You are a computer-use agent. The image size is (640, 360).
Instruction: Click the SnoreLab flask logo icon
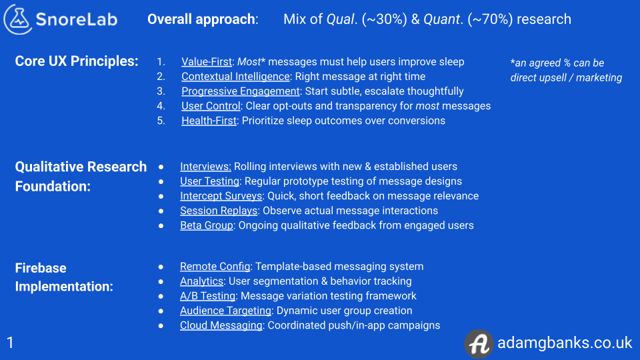[x=19, y=19]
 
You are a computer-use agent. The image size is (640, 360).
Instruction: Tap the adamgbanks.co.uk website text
[x=565, y=343]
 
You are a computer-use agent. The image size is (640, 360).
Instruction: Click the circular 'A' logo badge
[x=479, y=343]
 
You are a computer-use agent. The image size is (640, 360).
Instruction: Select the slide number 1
[x=10, y=343]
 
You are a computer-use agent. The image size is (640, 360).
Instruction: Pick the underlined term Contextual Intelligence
[x=235, y=77]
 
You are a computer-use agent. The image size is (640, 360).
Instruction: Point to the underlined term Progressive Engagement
[x=241, y=91]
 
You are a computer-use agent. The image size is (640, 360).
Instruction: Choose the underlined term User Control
[x=211, y=106]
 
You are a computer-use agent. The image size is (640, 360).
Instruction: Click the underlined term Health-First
[x=209, y=121]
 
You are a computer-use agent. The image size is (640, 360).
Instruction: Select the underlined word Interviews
[x=205, y=167]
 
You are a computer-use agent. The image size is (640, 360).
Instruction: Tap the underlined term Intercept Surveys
[x=221, y=196]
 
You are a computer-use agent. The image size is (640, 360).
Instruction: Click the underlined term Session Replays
[x=219, y=211]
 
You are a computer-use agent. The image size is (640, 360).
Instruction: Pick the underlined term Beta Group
[x=207, y=225]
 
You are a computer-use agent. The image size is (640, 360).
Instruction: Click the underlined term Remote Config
[x=215, y=267]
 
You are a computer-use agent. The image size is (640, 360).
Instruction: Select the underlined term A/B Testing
[x=207, y=296]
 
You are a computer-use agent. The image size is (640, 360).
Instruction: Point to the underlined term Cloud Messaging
[x=221, y=325]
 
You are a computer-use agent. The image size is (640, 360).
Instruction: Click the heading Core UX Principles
[x=77, y=61]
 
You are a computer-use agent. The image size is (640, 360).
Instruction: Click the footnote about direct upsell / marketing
[x=566, y=70]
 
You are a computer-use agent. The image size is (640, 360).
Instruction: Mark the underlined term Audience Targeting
[x=225, y=311]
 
